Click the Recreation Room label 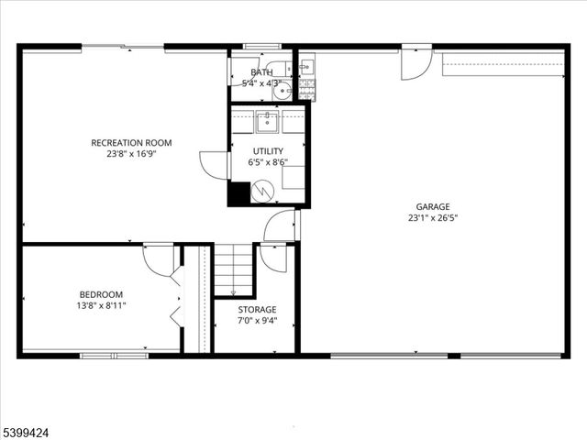pyautogui.click(x=131, y=143)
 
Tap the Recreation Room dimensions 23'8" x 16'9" pyautogui.click(x=131, y=155)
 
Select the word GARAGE pyautogui.click(x=433, y=206)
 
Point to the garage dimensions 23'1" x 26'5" pyautogui.click(x=433, y=218)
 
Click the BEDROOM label pyautogui.click(x=101, y=294)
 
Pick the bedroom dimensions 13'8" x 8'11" pyautogui.click(x=101, y=305)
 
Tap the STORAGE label pyautogui.click(x=257, y=310)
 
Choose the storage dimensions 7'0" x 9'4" pyautogui.click(x=257, y=321)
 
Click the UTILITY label pyautogui.click(x=269, y=150)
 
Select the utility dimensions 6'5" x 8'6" pyautogui.click(x=269, y=162)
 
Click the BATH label pyautogui.click(x=261, y=72)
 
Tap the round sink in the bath pyautogui.click(x=283, y=90)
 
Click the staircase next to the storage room pyautogui.click(x=234, y=268)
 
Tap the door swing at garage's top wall pyautogui.click(x=415, y=64)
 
